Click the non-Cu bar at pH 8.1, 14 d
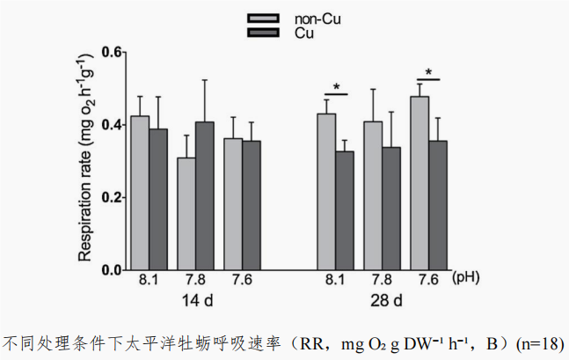(140, 193)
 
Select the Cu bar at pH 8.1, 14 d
(158, 199)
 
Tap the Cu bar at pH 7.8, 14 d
(204, 195)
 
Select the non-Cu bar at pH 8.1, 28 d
(326, 192)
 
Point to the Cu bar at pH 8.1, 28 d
(345, 210)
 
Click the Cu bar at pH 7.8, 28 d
(391, 208)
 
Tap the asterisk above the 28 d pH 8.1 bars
(336, 87)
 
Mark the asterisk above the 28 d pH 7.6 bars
(428, 72)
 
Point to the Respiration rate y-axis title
(85, 160)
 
